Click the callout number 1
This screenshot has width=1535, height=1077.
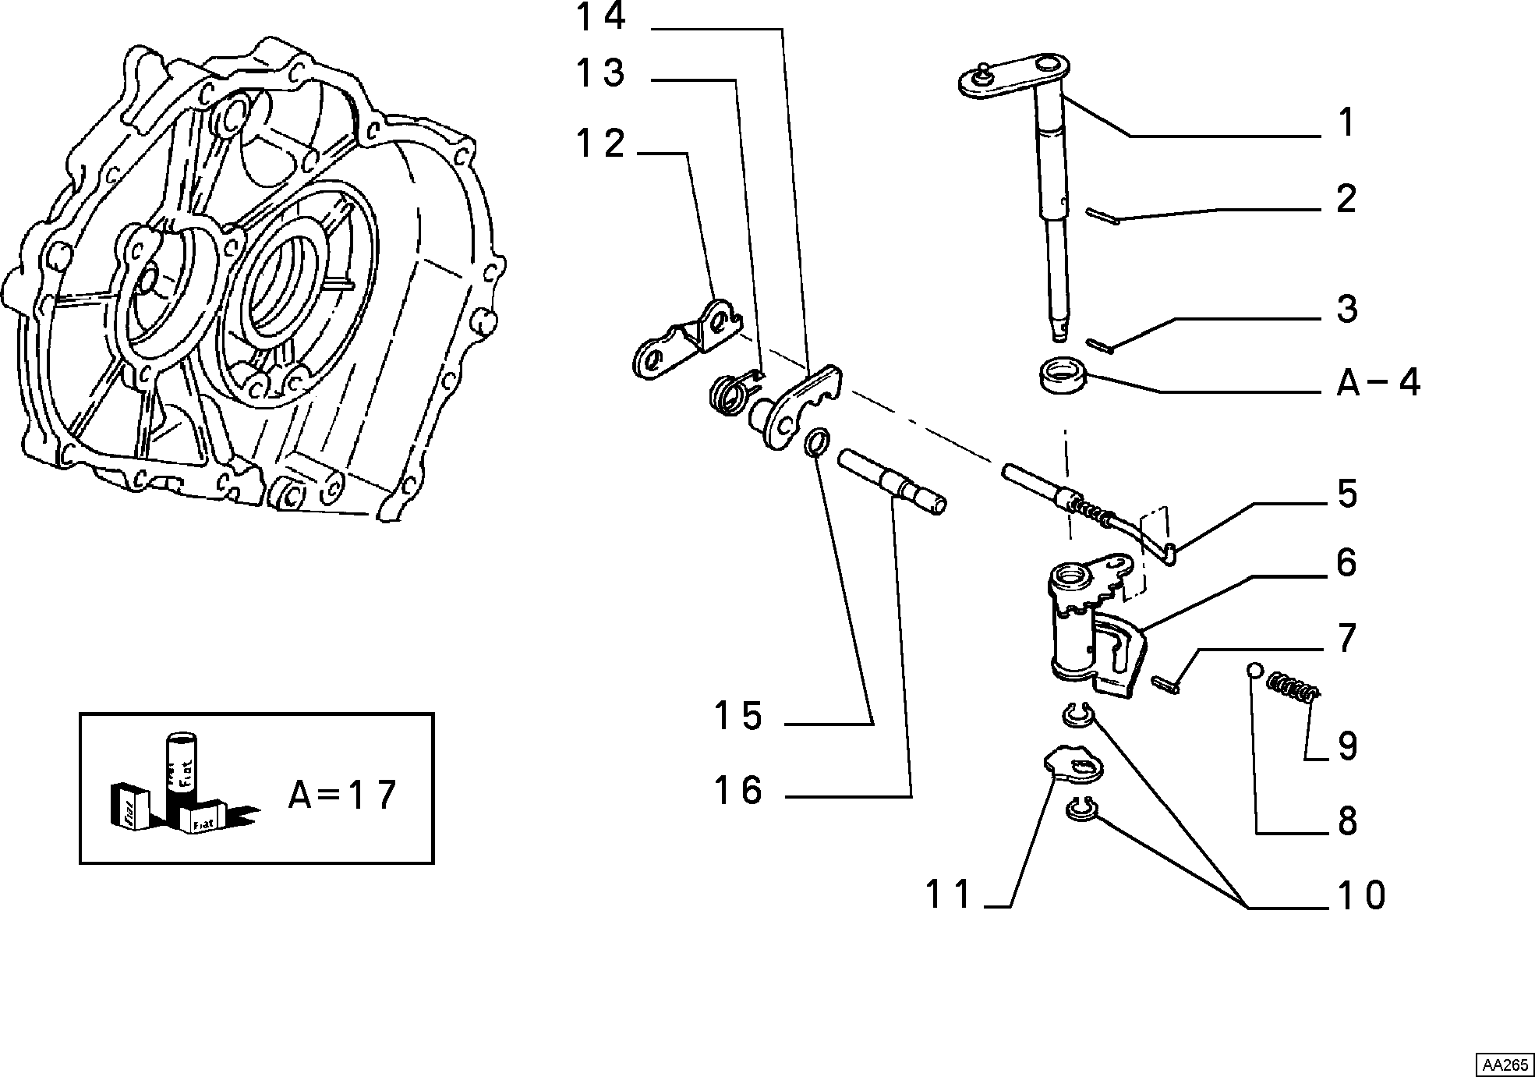1346,123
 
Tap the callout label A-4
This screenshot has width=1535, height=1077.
1378,382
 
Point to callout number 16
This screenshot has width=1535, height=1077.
737,790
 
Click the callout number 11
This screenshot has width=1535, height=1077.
949,894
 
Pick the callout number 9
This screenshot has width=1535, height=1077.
1348,746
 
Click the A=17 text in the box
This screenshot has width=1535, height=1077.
343,795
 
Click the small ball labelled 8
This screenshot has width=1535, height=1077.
1254,670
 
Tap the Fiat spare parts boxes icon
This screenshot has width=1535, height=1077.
182,785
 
